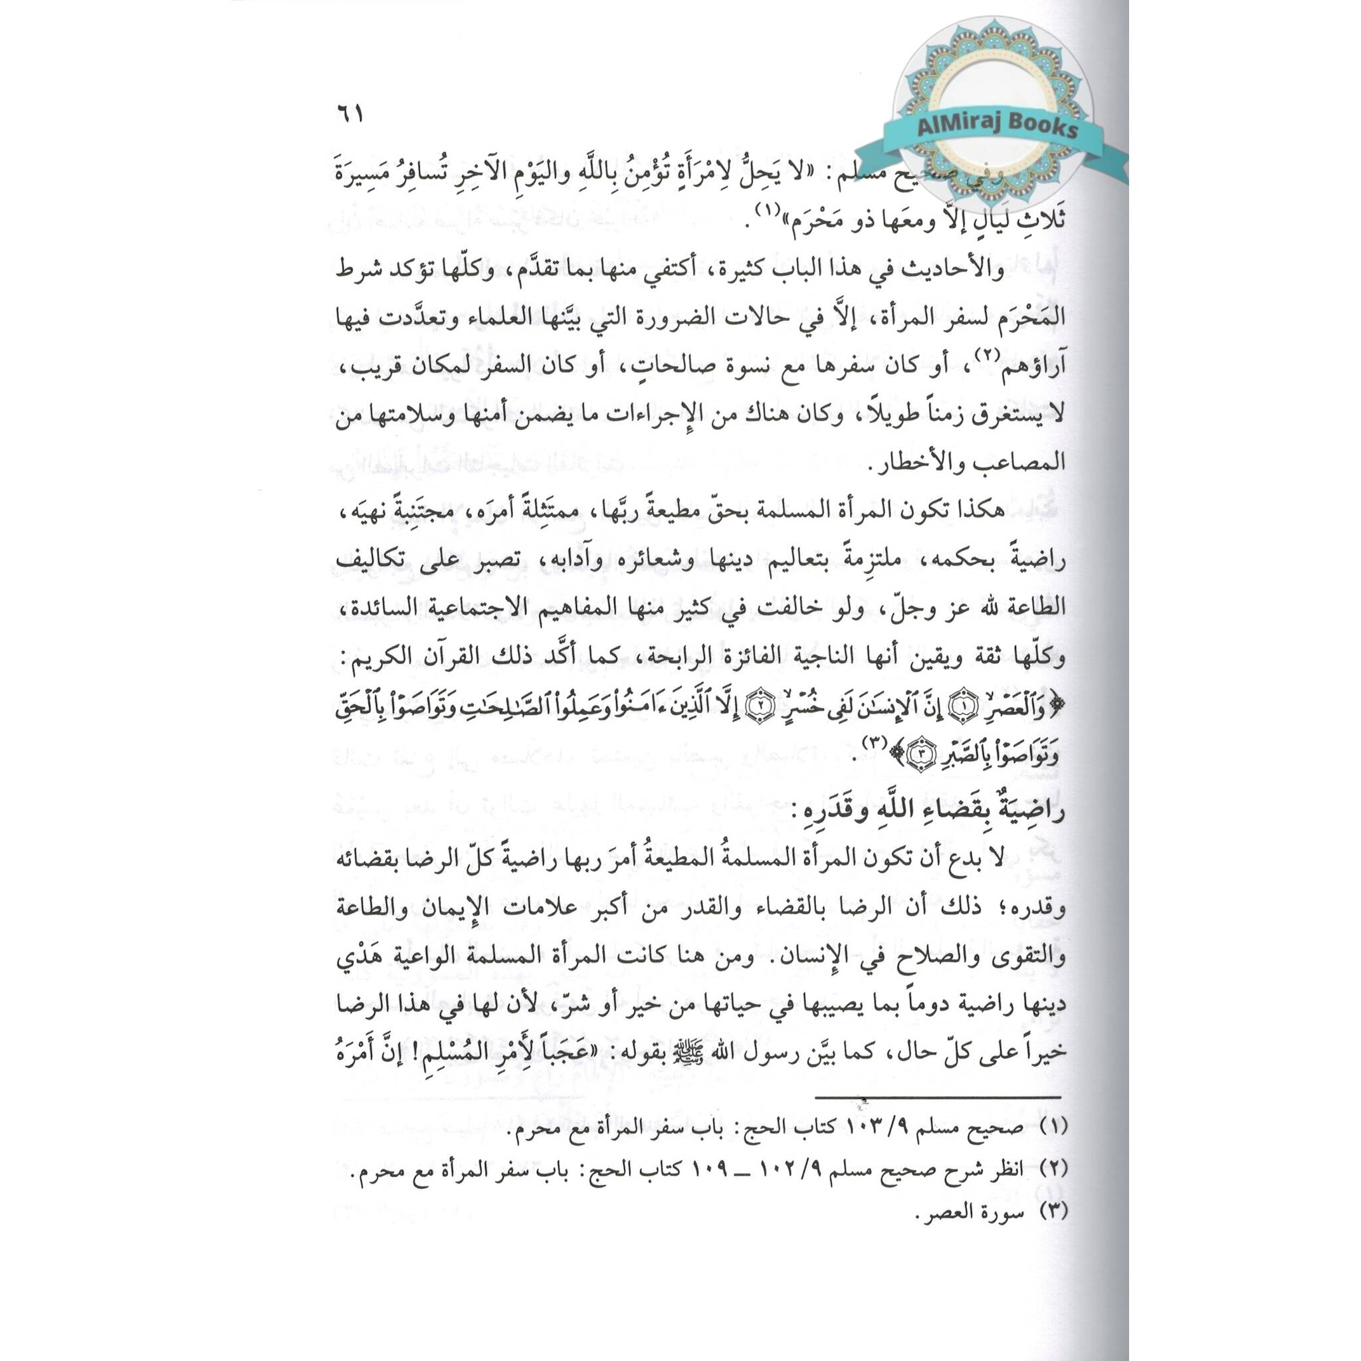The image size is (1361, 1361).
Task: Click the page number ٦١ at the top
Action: coord(349,114)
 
